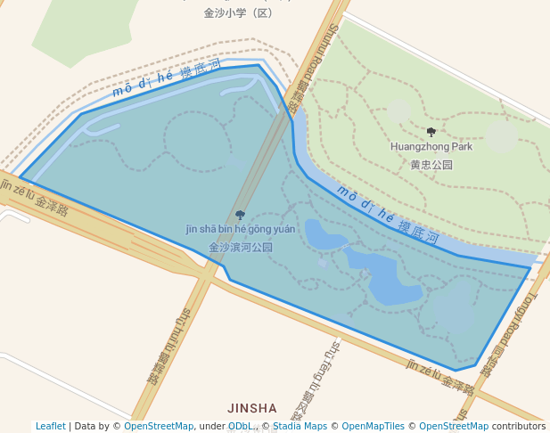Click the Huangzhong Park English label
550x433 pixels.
[431, 146]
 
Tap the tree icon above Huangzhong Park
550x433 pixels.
[431, 132]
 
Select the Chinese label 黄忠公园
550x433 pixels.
[431, 165]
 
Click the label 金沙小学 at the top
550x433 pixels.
[238, 13]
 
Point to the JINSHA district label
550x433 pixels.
[252, 408]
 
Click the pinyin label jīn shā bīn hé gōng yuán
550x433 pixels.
[240, 229]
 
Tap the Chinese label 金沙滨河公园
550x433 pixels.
[241, 248]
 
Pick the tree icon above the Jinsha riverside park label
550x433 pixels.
[240, 215]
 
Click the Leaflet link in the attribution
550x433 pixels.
[50, 427]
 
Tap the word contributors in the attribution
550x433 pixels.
[519, 427]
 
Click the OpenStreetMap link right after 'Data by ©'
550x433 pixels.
[159, 427]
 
